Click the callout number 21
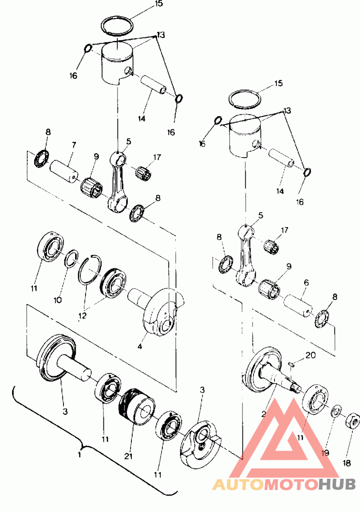pyautogui.click(x=128, y=455)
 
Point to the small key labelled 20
pyautogui.click(x=292, y=364)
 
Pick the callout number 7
pyautogui.click(x=74, y=145)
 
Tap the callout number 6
pyautogui.click(x=306, y=282)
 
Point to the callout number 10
pyautogui.click(x=58, y=300)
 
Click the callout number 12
pyautogui.click(x=82, y=316)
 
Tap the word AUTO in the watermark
pyautogui.click(x=238, y=485)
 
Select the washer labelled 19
pyautogui.click(x=336, y=411)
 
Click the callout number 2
pyautogui.click(x=264, y=413)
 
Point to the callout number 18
pyautogui.click(x=347, y=463)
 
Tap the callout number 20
pyautogui.click(x=310, y=355)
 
